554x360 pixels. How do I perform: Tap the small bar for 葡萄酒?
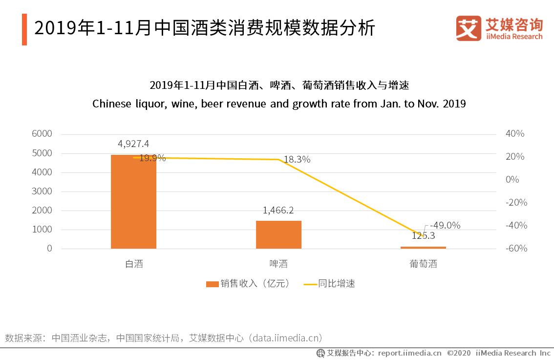click(x=423, y=247)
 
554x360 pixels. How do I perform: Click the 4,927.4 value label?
click(x=133, y=144)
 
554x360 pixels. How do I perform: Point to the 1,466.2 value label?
click(x=278, y=210)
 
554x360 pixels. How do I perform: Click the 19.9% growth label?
click(x=152, y=158)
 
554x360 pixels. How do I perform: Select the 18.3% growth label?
click(x=297, y=159)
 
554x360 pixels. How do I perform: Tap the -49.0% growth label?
click(x=445, y=225)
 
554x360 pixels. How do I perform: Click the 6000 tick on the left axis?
click(x=43, y=134)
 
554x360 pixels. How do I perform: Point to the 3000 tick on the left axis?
click(x=43, y=191)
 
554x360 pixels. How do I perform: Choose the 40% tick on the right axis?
click(x=515, y=134)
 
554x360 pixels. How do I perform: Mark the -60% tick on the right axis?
click(x=515, y=249)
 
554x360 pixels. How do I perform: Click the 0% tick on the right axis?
click(x=512, y=180)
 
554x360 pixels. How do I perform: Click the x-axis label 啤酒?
click(x=278, y=264)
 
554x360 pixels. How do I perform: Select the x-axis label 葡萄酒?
click(x=423, y=264)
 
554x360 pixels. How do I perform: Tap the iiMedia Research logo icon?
click(x=468, y=28)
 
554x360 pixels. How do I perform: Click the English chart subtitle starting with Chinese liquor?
click(x=278, y=104)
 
